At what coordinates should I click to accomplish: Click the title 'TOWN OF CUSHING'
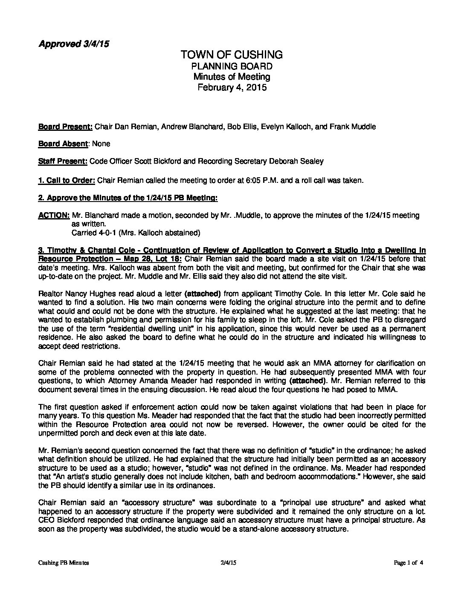pos(232,55)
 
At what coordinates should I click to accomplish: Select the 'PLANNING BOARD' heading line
pos(232,66)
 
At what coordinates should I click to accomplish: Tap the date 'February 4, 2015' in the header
pos(232,88)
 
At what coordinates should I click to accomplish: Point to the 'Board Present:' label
pos(65,127)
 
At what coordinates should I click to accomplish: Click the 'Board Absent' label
pos(63,144)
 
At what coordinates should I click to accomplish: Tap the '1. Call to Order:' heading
pos(67,180)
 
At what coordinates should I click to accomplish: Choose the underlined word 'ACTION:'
pos(54,216)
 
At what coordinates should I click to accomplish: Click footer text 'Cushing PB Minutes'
pos(64,563)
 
